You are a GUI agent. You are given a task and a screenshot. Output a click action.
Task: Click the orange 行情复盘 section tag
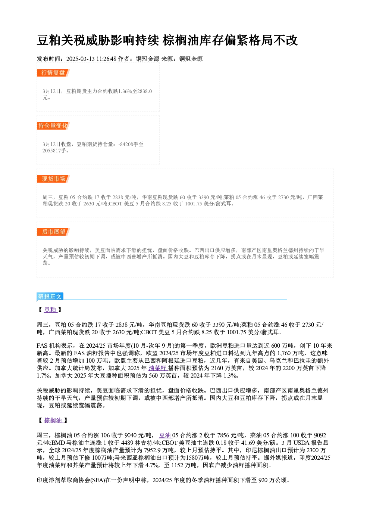53,73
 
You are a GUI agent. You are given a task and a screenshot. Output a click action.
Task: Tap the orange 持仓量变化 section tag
53,126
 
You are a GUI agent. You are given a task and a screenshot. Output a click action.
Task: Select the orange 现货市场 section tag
53,179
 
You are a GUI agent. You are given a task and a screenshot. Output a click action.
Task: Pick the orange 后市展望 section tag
53,232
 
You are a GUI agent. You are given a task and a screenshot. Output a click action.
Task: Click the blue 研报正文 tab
50,297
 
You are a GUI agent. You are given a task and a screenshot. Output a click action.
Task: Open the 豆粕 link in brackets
50,310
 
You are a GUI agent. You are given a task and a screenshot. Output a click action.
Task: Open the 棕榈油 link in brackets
53,421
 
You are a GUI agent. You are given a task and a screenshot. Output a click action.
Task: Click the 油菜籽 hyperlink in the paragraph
158,368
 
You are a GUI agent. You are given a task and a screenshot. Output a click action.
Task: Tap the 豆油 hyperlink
165,435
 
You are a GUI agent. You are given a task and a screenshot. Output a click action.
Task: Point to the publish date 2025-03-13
80,59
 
